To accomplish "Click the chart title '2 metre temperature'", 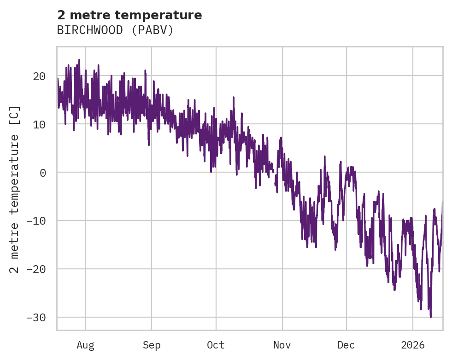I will click(x=129, y=15).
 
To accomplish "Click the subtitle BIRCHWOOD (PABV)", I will click(x=115, y=30).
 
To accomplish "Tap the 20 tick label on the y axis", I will click(x=39, y=76).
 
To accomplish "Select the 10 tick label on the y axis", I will click(x=39, y=124).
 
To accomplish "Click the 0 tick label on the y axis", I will click(x=42, y=173).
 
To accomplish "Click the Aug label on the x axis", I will click(x=86, y=345).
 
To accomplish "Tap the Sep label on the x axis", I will click(x=152, y=345).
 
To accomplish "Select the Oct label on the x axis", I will click(x=216, y=345).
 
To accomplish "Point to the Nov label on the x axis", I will click(x=282, y=345).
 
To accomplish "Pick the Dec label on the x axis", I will click(x=346, y=345).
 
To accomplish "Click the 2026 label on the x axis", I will click(x=413, y=345).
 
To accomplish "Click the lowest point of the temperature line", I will click(x=431, y=317).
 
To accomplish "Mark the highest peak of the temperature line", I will click(x=79, y=59).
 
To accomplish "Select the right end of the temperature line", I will click(x=442, y=202).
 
